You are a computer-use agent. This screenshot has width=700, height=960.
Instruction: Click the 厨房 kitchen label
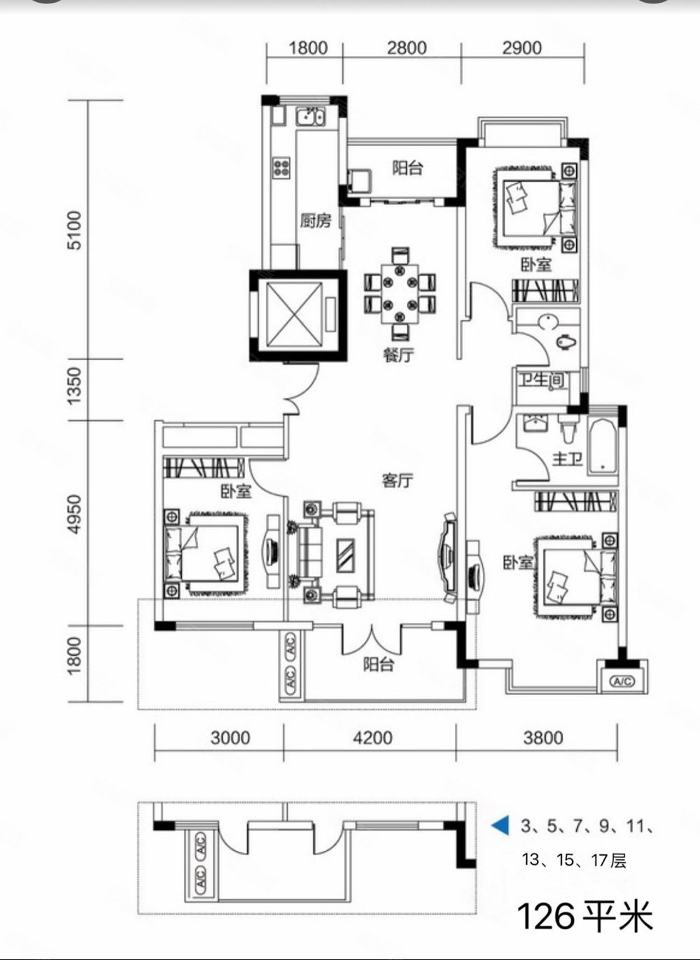pyautogui.click(x=316, y=221)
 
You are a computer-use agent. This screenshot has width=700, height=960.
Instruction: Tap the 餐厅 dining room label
pyautogui.click(x=399, y=355)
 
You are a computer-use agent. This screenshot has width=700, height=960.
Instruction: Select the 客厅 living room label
pyautogui.click(x=398, y=480)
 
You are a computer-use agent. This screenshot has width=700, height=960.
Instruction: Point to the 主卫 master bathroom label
pyautogui.click(x=568, y=459)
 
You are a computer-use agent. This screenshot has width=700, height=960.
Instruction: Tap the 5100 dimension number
pyautogui.click(x=76, y=231)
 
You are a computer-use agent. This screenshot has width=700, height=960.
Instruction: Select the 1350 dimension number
pyautogui.click(x=75, y=386)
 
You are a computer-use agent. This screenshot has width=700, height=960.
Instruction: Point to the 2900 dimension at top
pyautogui.click(x=522, y=48)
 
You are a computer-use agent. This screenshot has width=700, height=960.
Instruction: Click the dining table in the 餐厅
pyautogui.click(x=400, y=294)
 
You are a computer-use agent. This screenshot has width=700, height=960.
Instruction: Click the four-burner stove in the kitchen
pyautogui.click(x=281, y=167)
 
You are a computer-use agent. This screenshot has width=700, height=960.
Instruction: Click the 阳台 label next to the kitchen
pyautogui.click(x=407, y=168)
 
